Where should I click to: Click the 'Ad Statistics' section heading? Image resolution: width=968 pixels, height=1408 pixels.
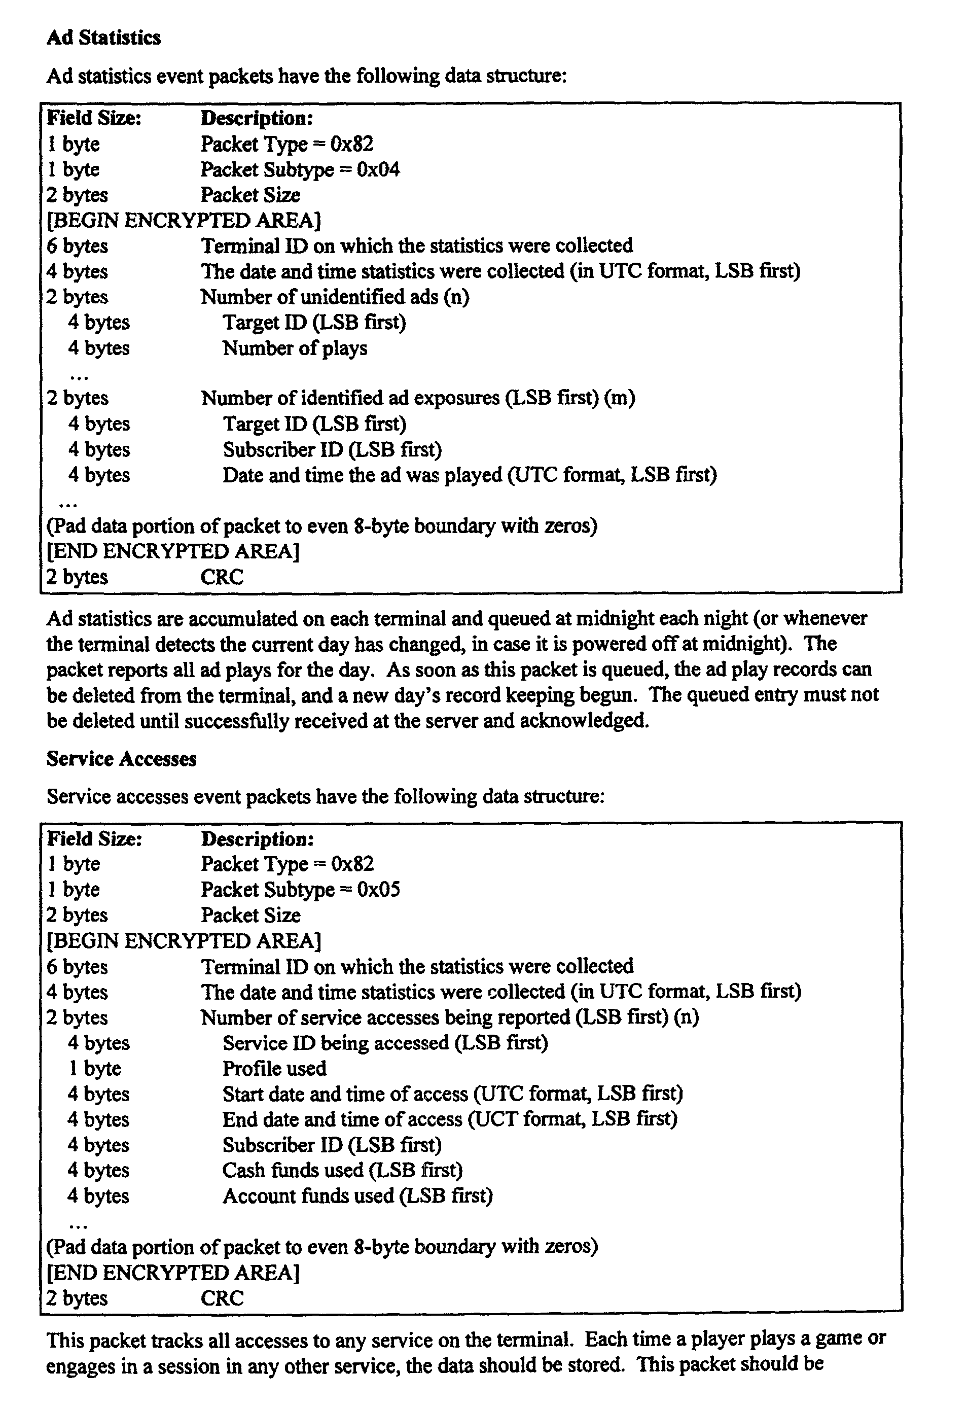104,38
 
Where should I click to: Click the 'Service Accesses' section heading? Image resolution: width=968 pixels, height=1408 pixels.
121,759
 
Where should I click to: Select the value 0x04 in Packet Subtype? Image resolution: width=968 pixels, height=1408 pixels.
378,169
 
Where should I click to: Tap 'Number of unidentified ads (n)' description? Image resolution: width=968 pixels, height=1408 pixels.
335,297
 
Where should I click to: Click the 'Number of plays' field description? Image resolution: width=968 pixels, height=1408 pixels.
295,348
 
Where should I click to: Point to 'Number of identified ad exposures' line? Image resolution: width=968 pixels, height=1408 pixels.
417,398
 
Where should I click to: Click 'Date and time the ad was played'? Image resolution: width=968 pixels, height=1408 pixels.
362,475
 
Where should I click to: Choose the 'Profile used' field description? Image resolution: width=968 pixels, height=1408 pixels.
274,1068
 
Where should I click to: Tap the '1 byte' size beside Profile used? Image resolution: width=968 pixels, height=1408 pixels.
95,1068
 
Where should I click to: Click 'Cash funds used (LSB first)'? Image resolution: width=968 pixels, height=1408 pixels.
342,1170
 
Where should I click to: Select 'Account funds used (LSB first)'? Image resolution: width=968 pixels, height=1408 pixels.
357,1195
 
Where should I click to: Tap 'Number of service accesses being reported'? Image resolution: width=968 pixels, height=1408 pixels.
385,1017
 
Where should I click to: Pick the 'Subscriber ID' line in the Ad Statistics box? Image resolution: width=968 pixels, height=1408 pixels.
332,449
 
